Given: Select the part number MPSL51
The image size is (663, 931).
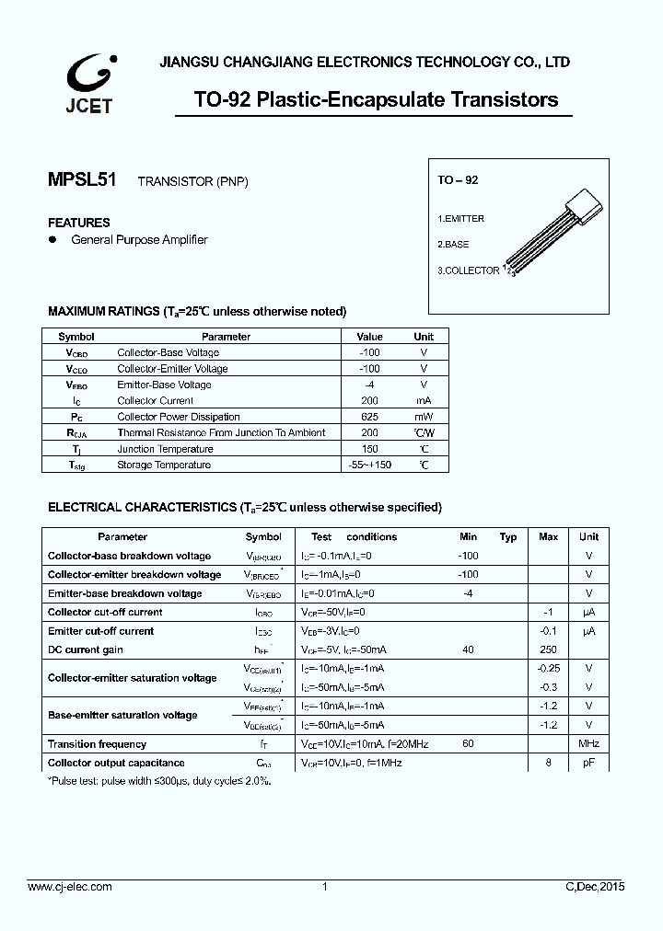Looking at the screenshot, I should click(x=82, y=180).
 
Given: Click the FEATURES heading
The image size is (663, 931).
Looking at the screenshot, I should click(x=78, y=223).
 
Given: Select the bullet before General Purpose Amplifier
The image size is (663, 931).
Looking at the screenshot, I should click(x=52, y=239).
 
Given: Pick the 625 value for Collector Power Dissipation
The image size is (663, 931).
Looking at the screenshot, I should click(x=369, y=417).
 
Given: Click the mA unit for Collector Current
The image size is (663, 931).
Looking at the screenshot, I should click(x=423, y=401).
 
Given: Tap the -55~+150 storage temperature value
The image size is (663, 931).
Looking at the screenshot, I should click(x=369, y=465).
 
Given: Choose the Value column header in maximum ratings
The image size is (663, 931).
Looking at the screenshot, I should click(x=369, y=337).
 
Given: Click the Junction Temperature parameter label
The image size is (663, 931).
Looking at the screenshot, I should click(x=165, y=449).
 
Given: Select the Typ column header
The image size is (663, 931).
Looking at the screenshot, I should click(x=508, y=537).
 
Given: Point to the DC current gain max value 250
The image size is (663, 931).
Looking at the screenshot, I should click(x=549, y=649).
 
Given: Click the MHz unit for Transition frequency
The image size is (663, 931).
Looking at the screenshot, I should click(x=588, y=743).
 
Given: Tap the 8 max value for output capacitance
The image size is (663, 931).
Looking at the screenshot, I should click(x=549, y=763).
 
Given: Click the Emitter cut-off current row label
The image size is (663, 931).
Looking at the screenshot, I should click(x=100, y=631).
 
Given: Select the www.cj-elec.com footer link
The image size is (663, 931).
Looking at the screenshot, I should click(x=69, y=887).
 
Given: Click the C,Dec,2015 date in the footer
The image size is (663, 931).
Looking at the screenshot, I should click(x=594, y=887).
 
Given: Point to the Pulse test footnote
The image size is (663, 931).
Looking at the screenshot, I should click(x=158, y=780).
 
